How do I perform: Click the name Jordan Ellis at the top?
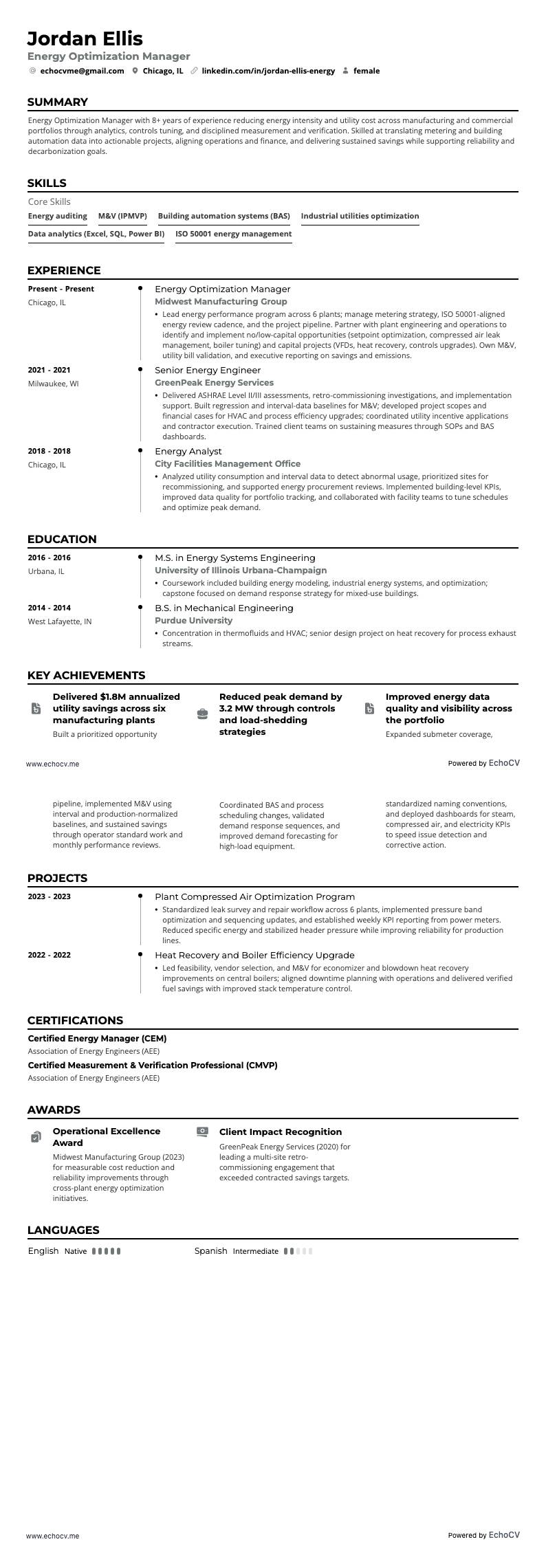[x=85, y=38]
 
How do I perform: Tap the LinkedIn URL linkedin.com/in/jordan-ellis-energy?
[x=268, y=71]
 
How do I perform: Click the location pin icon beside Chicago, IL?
[x=135, y=71]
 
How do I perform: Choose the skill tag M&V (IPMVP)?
[x=122, y=216]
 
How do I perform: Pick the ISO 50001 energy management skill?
[x=233, y=234]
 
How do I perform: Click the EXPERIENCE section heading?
[x=64, y=270]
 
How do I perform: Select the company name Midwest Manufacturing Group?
[x=221, y=301]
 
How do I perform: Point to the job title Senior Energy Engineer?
[x=198, y=370]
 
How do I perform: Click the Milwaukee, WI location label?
[x=53, y=384]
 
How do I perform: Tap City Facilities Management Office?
[x=228, y=463]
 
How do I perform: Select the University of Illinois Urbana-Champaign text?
[x=241, y=570]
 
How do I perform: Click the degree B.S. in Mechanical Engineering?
[x=223, y=608]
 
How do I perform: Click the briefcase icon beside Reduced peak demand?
[x=202, y=714]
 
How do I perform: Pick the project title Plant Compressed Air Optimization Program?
[x=254, y=896]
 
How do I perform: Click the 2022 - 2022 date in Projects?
[x=49, y=955]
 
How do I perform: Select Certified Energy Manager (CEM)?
[x=97, y=1038]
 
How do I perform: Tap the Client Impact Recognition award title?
[x=280, y=1132]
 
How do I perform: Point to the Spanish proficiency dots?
[x=298, y=1251]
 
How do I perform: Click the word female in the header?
[x=366, y=71]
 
